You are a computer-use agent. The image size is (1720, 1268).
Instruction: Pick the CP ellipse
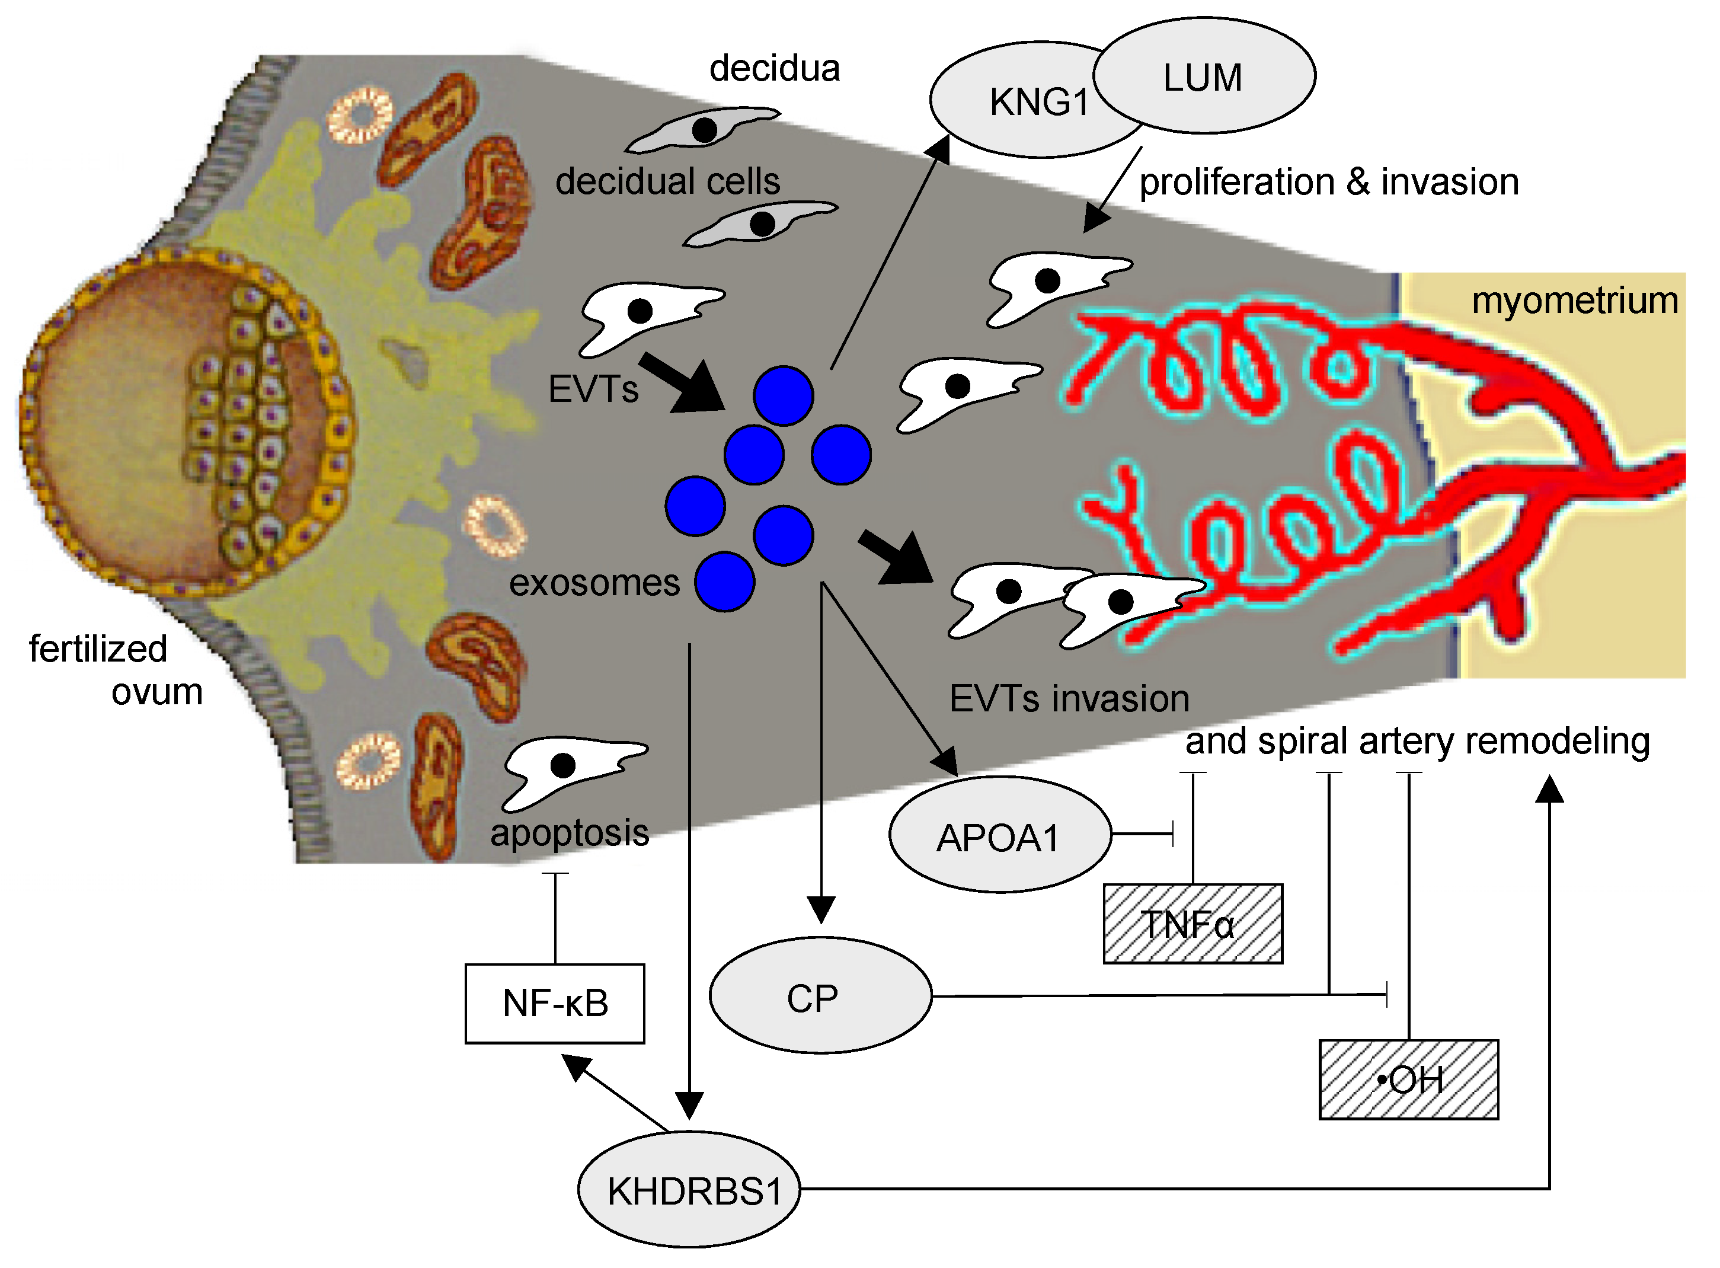pyautogui.click(x=820, y=995)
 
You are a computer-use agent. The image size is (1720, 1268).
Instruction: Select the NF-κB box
pyautogui.click(x=555, y=1003)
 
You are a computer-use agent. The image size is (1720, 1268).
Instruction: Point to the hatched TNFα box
pyautogui.click(x=1193, y=924)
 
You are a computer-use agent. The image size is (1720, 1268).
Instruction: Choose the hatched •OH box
pyautogui.click(x=1408, y=1079)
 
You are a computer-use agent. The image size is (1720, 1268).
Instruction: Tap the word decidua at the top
pyautogui.click(x=775, y=68)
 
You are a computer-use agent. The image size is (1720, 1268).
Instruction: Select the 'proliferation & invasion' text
pyautogui.click(x=1329, y=183)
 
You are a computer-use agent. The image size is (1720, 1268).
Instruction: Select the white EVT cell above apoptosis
pyautogui.click(x=575, y=773)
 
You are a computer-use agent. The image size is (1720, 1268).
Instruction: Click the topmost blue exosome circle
pyautogui.click(x=783, y=396)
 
